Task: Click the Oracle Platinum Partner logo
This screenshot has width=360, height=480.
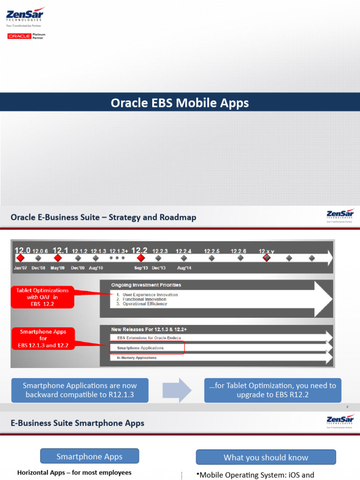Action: (x=26, y=36)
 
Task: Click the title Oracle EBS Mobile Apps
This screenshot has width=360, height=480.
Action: (x=180, y=102)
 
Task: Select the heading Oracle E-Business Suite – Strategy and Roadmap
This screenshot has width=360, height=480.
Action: (x=104, y=217)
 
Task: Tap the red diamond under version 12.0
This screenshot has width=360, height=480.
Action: (x=20, y=258)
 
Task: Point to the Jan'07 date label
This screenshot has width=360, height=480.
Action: (x=21, y=268)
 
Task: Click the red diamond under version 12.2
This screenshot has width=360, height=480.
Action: (x=140, y=258)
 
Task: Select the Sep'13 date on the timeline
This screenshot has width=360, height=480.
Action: (x=141, y=268)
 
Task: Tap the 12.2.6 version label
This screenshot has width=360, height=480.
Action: (x=239, y=251)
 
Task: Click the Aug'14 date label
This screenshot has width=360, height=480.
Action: (x=185, y=268)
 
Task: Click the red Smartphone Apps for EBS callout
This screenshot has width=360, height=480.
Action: (x=43, y=338)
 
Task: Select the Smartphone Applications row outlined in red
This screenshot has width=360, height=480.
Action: (x=147, y=348)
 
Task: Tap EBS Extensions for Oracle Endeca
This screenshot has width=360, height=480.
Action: (x=149, y=337)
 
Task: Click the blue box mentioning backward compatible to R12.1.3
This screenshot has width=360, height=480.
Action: (x=80, y=390)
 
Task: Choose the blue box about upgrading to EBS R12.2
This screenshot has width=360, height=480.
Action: (x=272, y=390)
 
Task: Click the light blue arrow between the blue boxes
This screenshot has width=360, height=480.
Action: (x=177, y=390)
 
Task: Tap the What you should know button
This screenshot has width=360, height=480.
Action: (x=266, y=457)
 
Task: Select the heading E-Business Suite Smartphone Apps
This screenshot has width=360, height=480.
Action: (x=77, y=423)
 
